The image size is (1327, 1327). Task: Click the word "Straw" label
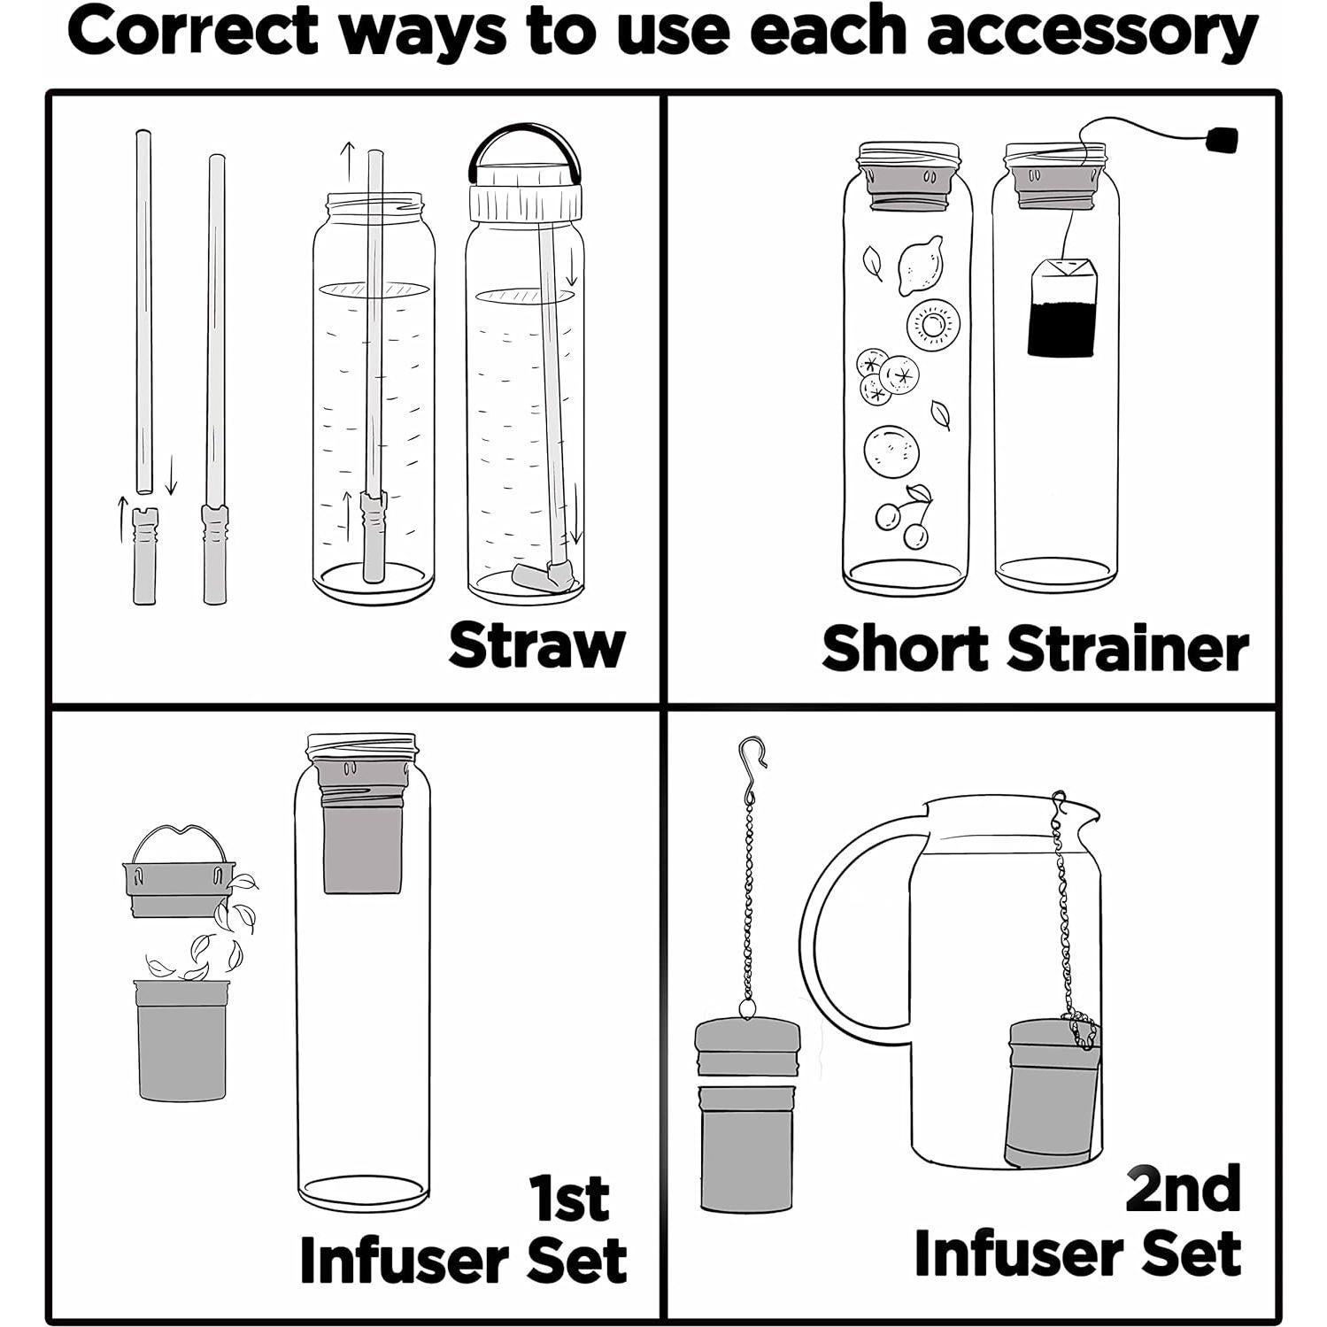[x=536, y=645]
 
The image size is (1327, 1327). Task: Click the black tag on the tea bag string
[x=1222, y=139]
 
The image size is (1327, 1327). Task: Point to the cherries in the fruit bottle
[x=904, y=515]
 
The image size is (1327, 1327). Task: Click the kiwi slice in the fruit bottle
[x=932, y=323]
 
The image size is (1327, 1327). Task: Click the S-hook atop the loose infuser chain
[x=751, y=766]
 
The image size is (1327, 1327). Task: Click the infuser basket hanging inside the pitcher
[x=1053, y=1092]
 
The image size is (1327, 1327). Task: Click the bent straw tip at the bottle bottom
[x=542, y=575]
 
